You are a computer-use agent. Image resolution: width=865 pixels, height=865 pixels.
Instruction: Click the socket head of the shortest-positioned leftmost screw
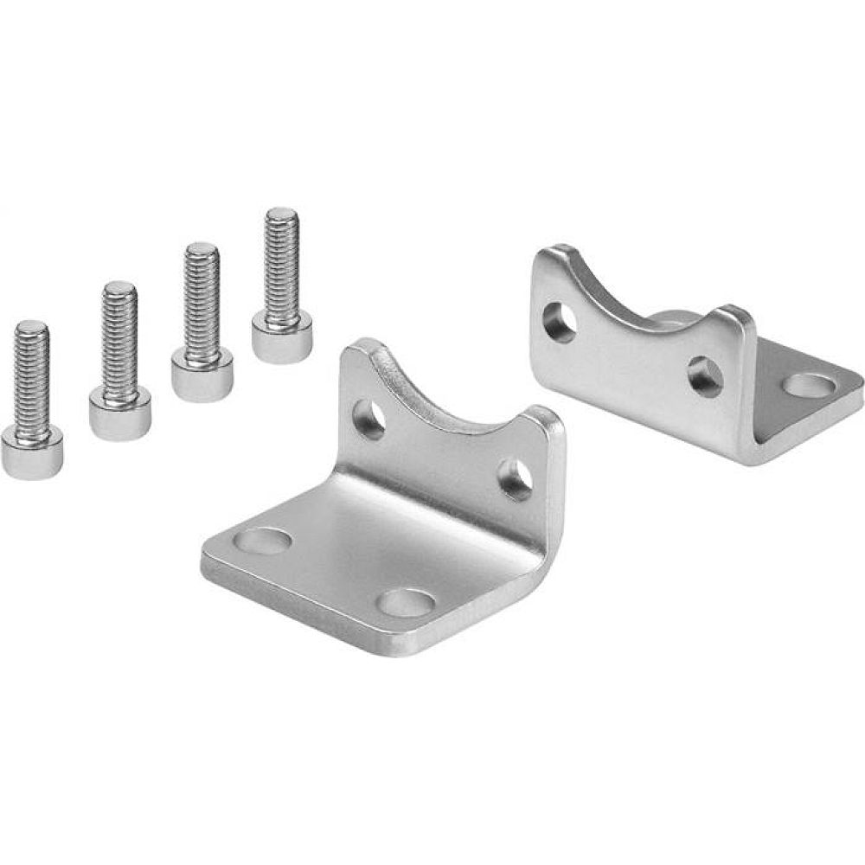pos(31,454)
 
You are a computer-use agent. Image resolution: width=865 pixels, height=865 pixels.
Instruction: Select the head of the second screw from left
pos(120,414)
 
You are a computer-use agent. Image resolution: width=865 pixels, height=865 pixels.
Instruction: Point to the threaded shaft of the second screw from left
pos(119,337)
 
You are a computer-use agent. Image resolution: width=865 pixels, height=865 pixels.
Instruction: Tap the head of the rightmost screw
pos(283,338)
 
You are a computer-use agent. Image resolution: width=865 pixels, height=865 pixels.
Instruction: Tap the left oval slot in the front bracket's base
pos(263,541)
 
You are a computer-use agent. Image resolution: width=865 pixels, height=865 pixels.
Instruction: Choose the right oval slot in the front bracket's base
pos(407,603)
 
